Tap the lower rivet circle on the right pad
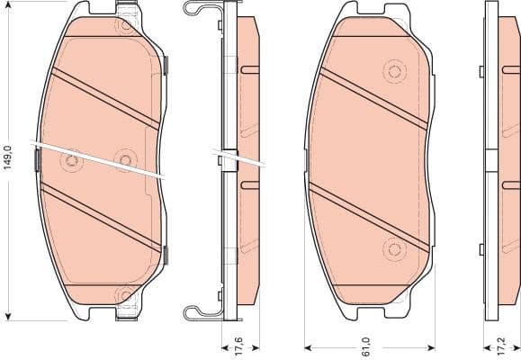click(392, 247)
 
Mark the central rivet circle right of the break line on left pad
click(124, 160)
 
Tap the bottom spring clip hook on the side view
click(194, 313)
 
